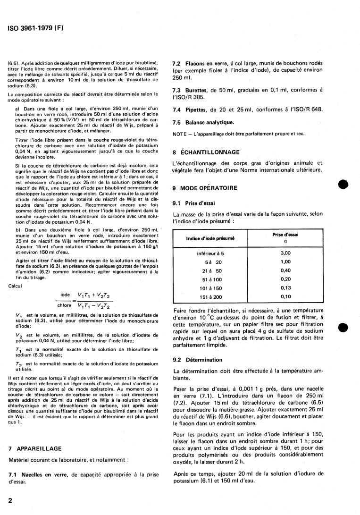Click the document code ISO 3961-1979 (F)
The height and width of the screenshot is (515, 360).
click(x=35, y=27)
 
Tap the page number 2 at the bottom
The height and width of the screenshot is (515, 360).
click(x=10, y=499)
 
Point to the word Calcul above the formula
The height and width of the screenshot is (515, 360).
click(x=15, y=286)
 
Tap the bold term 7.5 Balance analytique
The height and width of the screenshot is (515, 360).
click(x=203, y=122)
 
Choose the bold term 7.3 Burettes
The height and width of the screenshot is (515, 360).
click(x=193, y=89)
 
